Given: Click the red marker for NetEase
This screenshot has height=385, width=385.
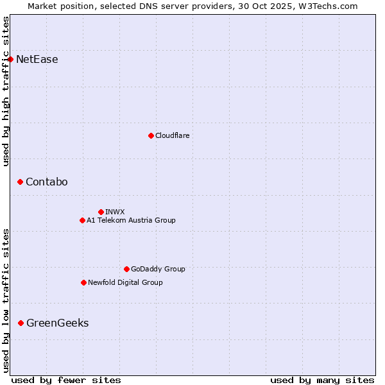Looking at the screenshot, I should pyautogui.click(x=10, y=60).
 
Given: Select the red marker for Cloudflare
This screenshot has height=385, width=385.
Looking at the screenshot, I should pyautogui.click(x=151, y=135).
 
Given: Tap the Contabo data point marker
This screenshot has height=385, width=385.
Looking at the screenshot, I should pyautogui.click(x=20, y=182).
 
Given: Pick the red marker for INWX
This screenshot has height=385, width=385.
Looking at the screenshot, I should pyautogui.click(x=101, y=212).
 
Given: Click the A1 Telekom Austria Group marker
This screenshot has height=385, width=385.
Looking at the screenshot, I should pyautogui.click(x=82, y=220).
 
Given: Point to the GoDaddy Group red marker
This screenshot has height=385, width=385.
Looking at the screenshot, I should pyautogui.click(x=126, y=269).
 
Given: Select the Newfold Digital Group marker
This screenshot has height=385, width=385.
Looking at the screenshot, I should pyautogui.click(x=83, y=282).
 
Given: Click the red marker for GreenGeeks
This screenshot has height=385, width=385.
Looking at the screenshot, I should pyautogui.click(x=21, y=323).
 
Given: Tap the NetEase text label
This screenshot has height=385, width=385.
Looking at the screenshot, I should pyautogui.click(x=37, y=60).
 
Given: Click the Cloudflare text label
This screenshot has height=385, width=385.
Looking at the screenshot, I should pyautogui.click(x=173, y=135).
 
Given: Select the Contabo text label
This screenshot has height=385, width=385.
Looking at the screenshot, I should pyautogui.click(x=47, y=182).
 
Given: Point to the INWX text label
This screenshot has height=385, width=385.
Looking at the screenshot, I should pyautogui.click(x=115, y=212).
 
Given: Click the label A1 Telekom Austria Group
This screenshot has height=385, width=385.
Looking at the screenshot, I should pyautogui.click(x=131, y=220).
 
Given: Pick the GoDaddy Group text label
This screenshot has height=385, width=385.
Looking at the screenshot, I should pyautogui.click(x=158, y=269).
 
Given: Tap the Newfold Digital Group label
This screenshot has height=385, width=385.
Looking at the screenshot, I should pyautogui.click(x=125, y=282).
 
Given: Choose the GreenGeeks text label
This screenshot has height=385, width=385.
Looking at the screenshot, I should pyautogui.click(x=58, y=323).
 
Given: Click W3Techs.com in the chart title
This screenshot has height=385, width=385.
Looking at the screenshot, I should pyautogui.click(x=331, y=6).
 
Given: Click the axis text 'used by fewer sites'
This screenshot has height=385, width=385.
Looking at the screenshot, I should pyautogui.click(x=66, y=380).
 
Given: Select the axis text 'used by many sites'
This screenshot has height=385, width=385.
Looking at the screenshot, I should pyautogui.click(x=322, y=380).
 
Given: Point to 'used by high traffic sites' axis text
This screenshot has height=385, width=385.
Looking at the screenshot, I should pyautogui.click(x=6, y=91).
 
